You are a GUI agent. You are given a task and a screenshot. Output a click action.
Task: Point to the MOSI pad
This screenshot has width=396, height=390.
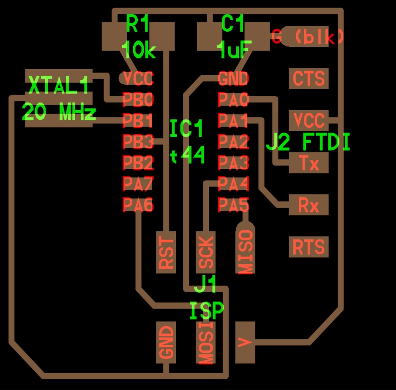[205, 343]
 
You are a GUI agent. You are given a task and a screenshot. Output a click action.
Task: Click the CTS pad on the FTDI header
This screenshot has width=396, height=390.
[309, 78]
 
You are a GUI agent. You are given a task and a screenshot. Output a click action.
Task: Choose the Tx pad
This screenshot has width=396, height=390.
[309, 162]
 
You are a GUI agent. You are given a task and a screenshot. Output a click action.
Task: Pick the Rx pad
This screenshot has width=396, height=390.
[309, 205]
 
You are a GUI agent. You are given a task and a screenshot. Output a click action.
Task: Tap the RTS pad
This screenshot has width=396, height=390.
[309, 247]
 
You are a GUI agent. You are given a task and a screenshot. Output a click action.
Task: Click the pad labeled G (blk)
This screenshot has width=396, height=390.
[307, 36]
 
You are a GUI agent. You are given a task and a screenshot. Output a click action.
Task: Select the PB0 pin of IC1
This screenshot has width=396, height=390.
[138, 99]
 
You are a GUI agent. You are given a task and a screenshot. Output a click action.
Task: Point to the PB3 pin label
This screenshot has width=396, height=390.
[138, 141]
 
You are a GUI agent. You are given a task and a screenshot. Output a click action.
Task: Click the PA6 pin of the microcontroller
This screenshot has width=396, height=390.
[138, 204]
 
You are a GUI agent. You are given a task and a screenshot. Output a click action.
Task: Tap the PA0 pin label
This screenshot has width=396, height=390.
[233, 99]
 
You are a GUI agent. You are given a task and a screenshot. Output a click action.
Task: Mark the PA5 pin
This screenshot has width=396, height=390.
[233, 204]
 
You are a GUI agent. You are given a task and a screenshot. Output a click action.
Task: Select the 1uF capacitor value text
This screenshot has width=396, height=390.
[234, 49]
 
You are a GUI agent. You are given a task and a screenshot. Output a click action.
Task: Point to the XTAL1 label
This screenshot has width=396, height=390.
[59, 85]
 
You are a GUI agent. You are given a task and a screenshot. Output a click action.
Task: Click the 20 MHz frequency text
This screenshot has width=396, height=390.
[59, 111]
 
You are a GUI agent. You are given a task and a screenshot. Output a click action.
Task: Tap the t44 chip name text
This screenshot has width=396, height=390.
[187, 154]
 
